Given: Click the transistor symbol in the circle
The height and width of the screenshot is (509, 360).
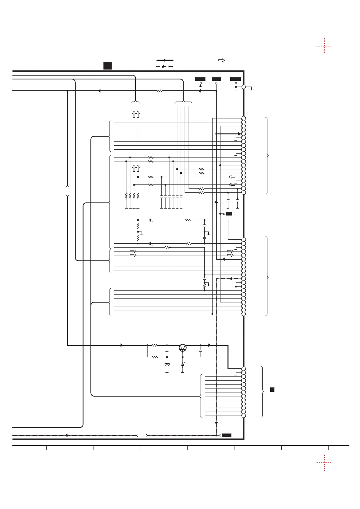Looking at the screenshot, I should coord(183,348).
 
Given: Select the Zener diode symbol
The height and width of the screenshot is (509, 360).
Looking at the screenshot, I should coord(167,365).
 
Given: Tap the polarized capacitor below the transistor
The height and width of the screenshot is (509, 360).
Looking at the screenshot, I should coord(183,365).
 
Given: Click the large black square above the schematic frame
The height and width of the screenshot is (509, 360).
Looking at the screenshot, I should coord(107,65).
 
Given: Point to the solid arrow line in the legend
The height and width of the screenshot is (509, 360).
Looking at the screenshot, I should coord(165,60).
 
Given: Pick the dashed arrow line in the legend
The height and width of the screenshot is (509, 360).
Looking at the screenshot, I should coord(165,66).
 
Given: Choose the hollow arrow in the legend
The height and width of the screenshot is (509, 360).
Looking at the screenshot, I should coord(222,60).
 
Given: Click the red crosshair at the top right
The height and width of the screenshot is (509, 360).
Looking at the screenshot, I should coord(324,46).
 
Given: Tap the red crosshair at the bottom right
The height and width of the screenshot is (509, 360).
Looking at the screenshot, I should coord(324,462).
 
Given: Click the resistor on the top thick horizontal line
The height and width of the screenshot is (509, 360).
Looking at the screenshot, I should coord(159,91).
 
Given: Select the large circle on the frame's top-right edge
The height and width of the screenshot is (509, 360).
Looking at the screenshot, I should coord(244,87).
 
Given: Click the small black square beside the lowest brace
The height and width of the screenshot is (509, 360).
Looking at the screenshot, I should coord(272,389).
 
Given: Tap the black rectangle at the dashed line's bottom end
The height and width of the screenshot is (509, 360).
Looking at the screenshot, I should coord(227,435).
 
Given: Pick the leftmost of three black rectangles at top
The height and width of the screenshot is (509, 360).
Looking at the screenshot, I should coord(200,79).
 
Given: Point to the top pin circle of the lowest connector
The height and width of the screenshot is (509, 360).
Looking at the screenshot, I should coord(244,369).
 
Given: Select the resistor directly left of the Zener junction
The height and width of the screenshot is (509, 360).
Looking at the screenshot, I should coord(155,357).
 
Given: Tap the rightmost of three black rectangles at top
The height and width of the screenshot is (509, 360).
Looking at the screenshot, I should coord(235,79).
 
